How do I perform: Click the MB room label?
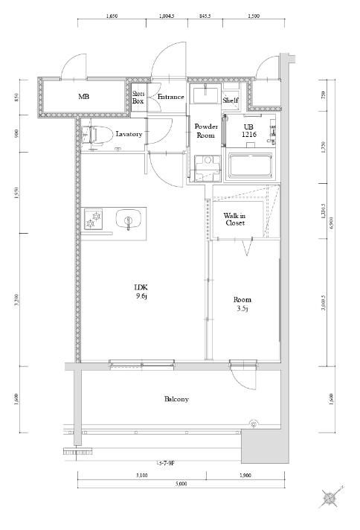pos(85,97)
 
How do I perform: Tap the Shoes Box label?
pos(138,97)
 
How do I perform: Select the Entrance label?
pos(170,97)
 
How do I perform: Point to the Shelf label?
pos(230,98)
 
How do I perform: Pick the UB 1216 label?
pos(248,131)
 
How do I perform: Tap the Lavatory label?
pos(129,135)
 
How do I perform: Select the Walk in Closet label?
pos(236,218)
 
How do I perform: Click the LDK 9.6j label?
pos(141,292)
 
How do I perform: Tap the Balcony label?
pos(176,399)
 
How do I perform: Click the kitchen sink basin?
pos(129,220)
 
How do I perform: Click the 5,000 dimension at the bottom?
pos(181,484)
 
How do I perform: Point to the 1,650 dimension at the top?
pos(112,15)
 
